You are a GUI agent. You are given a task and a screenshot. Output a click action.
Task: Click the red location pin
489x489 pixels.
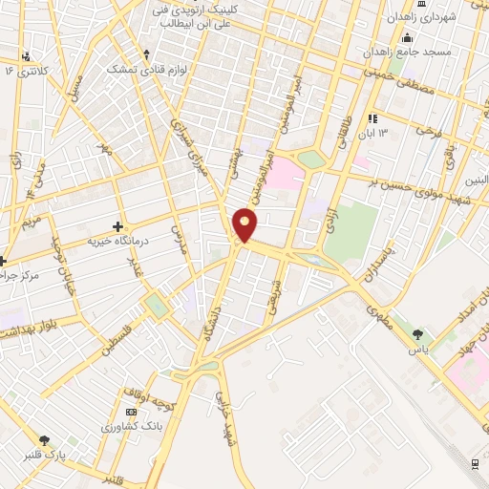coord(245,224)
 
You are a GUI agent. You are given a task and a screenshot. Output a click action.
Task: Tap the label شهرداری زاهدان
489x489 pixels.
coord(425,17)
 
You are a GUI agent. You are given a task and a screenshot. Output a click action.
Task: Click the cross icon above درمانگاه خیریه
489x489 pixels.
coord(117,226)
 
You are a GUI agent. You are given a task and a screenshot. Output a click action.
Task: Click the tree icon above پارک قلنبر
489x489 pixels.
coord(44,440)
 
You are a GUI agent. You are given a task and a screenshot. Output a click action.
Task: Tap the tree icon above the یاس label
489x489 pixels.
coord(417,334)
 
